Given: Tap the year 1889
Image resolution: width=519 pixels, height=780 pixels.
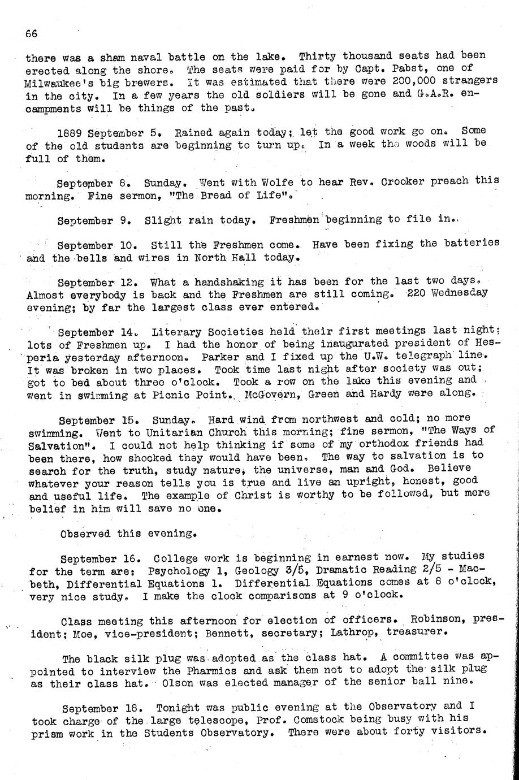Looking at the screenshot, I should pos(71,133).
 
